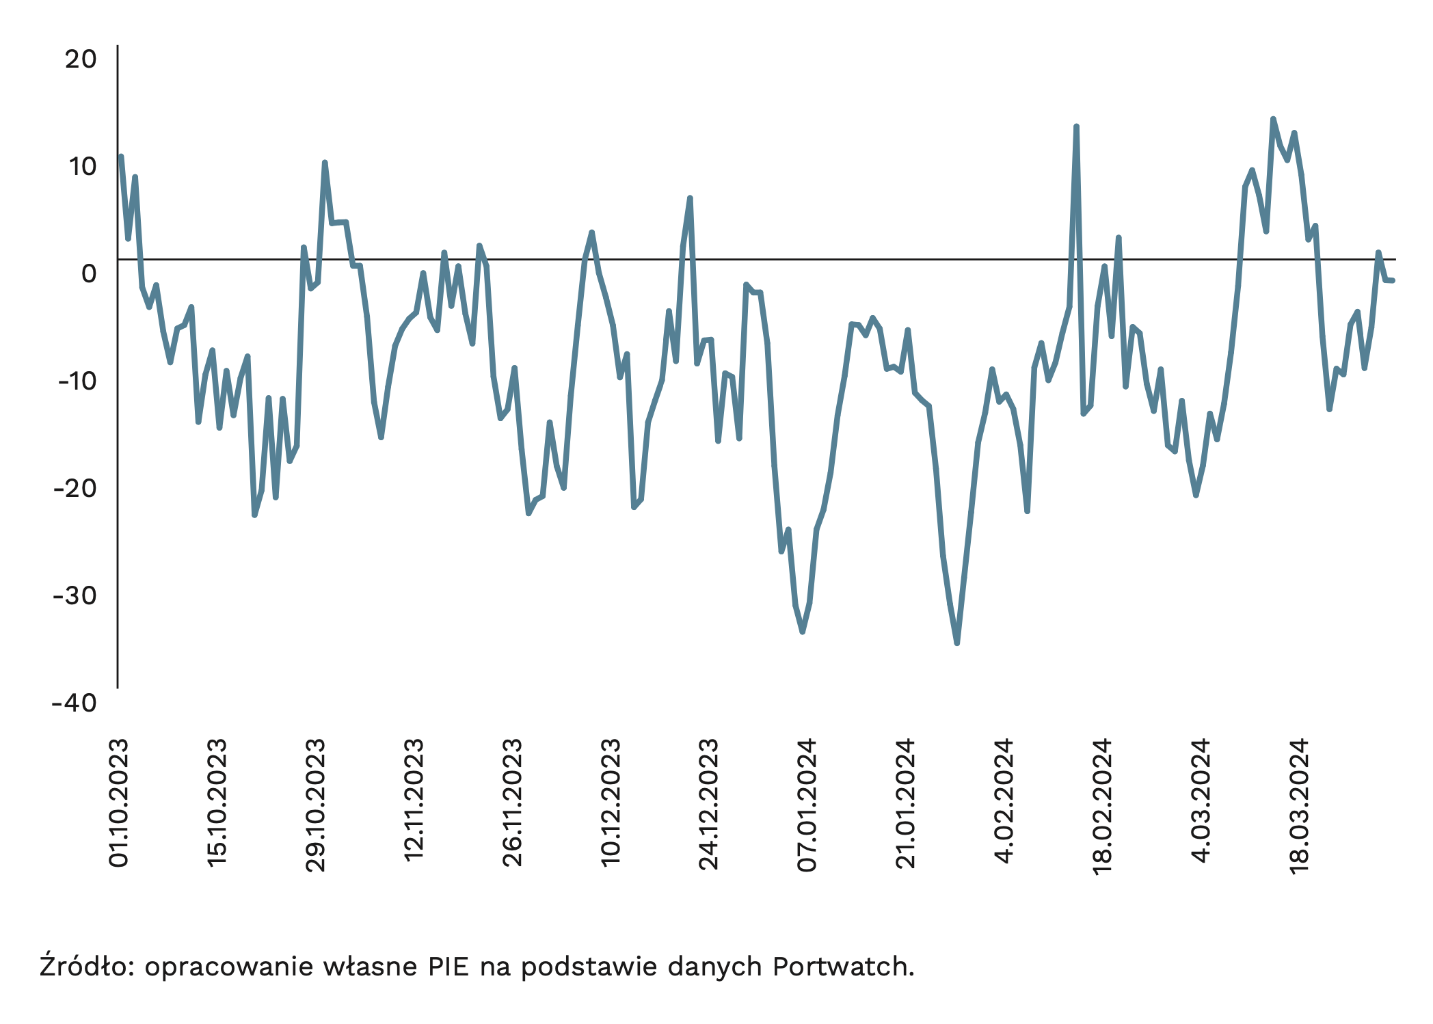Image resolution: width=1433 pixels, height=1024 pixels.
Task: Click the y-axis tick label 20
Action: [81, 59]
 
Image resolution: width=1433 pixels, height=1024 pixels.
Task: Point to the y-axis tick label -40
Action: [75, 703]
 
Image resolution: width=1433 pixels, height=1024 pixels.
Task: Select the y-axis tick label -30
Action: [75, 595]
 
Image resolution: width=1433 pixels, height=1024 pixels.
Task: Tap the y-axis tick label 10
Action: [81, 166]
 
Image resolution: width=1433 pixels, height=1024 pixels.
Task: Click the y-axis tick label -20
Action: [75, 488]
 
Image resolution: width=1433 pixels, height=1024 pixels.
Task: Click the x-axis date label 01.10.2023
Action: [119, 803]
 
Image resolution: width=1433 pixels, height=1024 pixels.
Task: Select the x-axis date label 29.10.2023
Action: [315, 805]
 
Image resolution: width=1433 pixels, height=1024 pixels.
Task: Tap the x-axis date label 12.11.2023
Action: [414, 800]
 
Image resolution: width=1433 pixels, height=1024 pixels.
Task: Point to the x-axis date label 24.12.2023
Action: [709, 804]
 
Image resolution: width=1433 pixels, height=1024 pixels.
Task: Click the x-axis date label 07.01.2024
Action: [807, 805]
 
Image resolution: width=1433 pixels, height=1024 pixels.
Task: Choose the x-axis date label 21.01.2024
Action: [906, 803]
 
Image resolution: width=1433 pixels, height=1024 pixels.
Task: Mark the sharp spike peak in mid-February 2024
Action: [1075, 126]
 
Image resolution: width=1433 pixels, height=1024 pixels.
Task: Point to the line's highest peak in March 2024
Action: [1273, 119]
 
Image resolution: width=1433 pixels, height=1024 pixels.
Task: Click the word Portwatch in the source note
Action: [844, 967]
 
